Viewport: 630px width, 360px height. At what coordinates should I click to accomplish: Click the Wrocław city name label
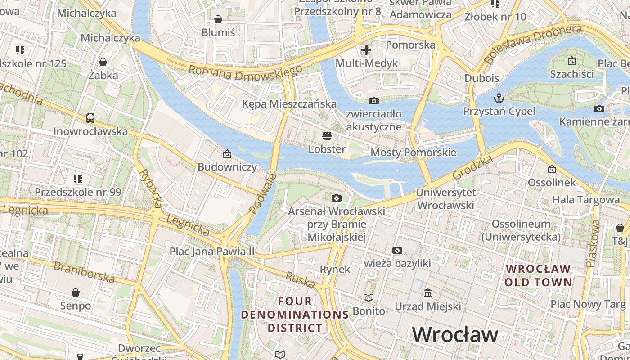pyautogui.click(x=455, y=334)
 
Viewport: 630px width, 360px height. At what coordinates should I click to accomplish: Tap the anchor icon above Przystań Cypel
pyautogui.click(x=499, y=98)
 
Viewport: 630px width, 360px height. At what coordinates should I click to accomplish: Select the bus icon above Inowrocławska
pyautogui.click(x=90, y=118)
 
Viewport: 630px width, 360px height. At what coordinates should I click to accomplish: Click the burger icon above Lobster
pyautogui.click(x=327, y=135)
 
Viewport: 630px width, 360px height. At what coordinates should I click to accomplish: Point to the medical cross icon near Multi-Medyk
pyautogui.click(x=366, y=49)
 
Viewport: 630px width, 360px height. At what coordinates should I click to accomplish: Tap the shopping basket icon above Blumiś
pyautogui.click(x=218, y=19)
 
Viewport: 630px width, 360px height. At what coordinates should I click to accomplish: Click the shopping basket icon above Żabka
pyautogui.click(x=103, y=62)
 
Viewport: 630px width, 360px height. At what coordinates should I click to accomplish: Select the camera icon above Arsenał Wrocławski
pyautogui.click(x=336, y=198)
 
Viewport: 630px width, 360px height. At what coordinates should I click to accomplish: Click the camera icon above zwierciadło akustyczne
pyautogui.click(x=373, y=101)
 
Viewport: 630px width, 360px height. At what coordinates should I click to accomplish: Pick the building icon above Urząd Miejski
pyautogui.click(x=428, y=293)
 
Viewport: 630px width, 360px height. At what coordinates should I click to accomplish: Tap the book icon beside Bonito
pyautogui.click(x=369, y=297)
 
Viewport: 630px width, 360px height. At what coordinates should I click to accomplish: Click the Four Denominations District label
pyautogui.click(x=295, y=314)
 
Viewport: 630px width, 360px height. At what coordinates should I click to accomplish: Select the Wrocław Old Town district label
pyautogui.click(x=538, y=275)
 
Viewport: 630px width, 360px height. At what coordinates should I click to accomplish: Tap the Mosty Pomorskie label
pyautogui.click(x=413, y=153)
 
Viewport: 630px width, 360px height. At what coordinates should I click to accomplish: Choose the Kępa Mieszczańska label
pyautogui.click(x=289, y=104)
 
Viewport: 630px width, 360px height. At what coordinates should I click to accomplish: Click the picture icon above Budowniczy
pyautogui.click(x=227, y=154)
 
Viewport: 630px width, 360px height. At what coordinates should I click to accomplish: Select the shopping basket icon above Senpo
pyautogui.click(x=76, y=292)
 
